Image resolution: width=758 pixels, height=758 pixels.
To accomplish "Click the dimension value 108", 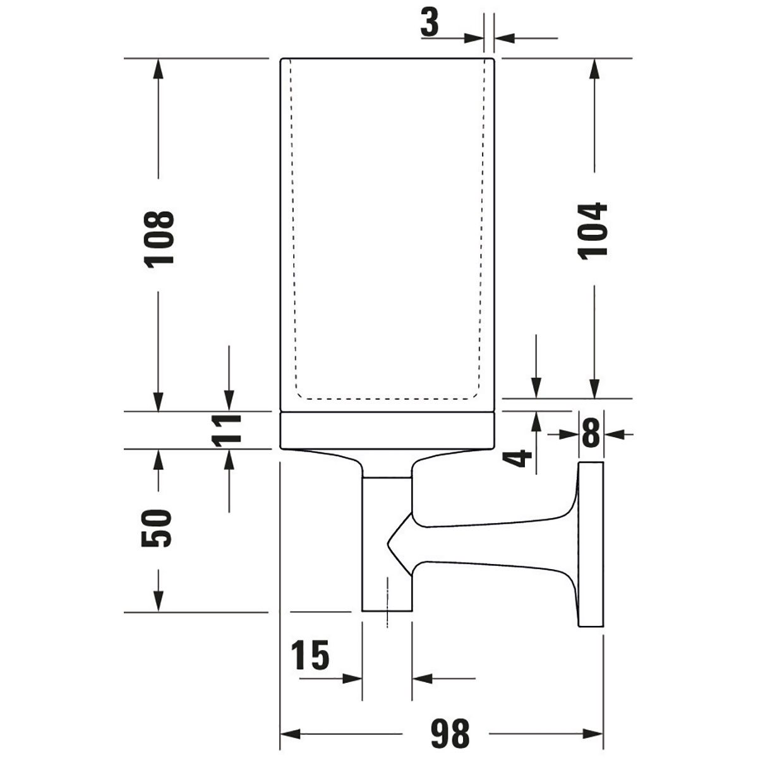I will (x=159, y=239).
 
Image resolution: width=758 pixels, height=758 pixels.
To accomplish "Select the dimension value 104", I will (x=593, y=230).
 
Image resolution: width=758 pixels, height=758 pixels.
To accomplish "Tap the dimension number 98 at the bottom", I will (x=450, y=734).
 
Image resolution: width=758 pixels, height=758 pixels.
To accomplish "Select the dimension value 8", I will (x=590, y=434).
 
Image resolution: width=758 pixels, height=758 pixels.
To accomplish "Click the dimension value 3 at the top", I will (x=430, y=24).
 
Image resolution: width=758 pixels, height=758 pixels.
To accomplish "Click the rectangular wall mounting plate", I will (x=591, y=544).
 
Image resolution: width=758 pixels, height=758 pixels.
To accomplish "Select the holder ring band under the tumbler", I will (x=387, y=431).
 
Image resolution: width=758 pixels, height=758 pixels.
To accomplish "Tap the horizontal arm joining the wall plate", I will (x=493, y=543).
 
